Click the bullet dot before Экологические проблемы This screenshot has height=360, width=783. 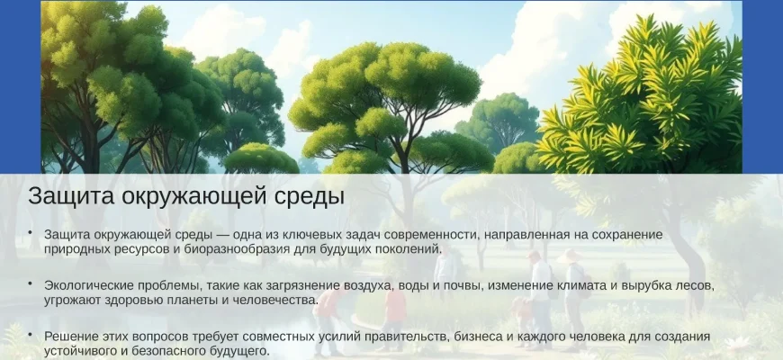pos(30,283)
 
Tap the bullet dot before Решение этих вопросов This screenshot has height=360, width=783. pos(30,334)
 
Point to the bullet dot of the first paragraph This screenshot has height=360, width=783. pos(30,232)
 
